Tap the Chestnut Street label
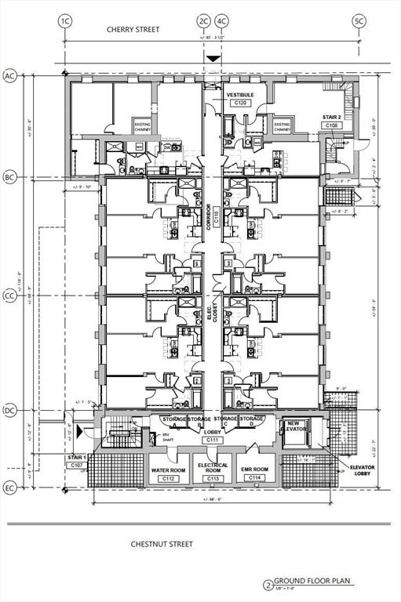click(x=162, y=543)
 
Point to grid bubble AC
click(x=10, y=76)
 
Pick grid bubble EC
click(x=10, y=488)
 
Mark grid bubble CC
click(x=10, y=296)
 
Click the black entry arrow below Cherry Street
click(x=212, y=59)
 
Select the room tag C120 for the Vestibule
click(x=239, y=103)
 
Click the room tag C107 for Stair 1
click(x=77, y=466)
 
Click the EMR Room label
click(x=255, y=470)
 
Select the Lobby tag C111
click(x=212, y=441)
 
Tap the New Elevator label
click(x=295, y=426)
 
